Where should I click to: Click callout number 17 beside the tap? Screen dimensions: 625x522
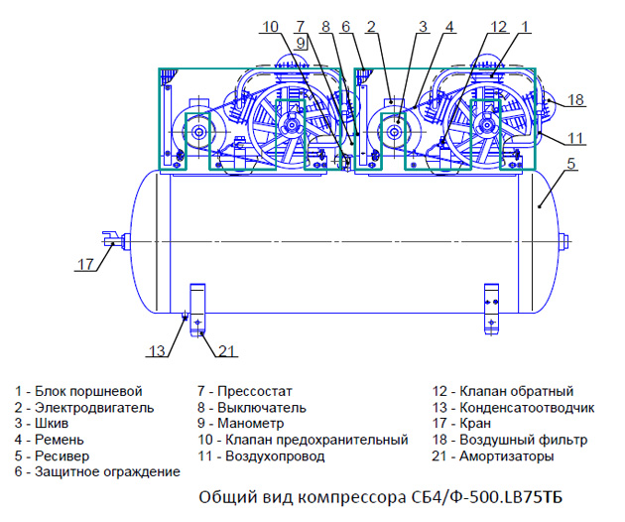tap(85, 264)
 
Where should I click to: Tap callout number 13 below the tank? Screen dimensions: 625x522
tap(157, 351)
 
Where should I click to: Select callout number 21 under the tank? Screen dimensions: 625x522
tap(227, 351)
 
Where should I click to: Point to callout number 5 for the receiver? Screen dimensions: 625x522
tap(571, 164)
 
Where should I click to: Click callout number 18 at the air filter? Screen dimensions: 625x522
tap(576, 99)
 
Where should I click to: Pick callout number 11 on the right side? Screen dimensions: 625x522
tap(575, 138)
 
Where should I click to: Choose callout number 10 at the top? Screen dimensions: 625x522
tap(270, 27)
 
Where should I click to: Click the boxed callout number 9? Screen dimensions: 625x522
tap(301, 43)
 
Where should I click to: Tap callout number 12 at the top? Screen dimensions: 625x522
tap(499, 27)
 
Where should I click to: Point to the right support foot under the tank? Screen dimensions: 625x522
tap(491, 309)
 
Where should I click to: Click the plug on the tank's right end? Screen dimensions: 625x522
tap(562, 241)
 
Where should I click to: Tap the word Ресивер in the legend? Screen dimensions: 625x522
tap(62, 456)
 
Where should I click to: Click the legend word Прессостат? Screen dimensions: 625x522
tap(255, 391)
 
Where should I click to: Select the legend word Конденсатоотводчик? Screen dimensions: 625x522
tap(527, 408)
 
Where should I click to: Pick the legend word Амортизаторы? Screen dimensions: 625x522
tap(507, 456)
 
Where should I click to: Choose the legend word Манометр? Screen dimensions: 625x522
tap(251, 423)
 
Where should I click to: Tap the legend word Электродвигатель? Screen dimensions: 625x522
tap(94, 408)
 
